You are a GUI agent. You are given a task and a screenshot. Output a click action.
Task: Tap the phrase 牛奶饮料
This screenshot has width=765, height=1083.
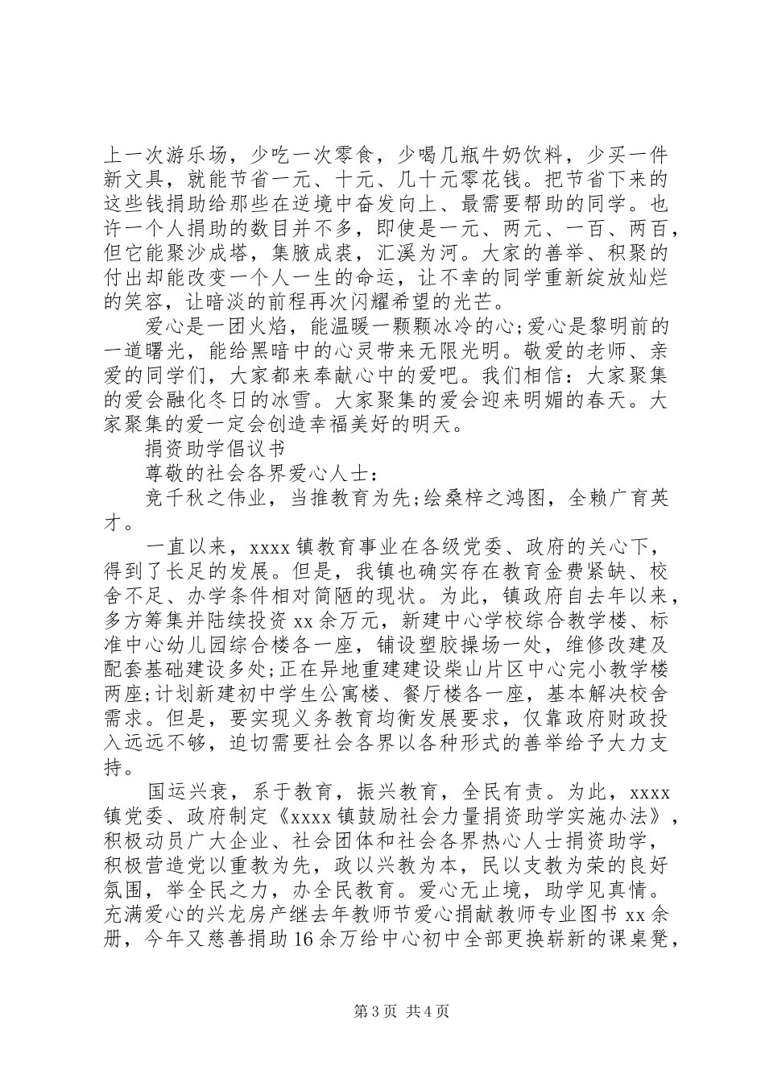pyautogui.click(x=481, y=153)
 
